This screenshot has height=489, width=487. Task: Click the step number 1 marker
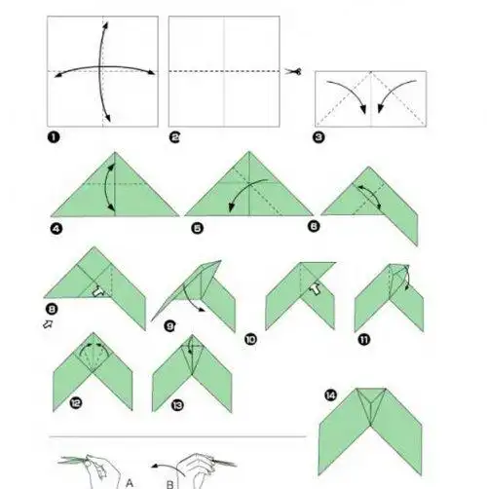pyautogui.click(x=54, y=137)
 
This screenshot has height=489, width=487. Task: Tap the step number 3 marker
pyautogui.click(x=318, y=137)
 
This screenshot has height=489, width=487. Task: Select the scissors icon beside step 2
pyautogui.click(x=293, y=71)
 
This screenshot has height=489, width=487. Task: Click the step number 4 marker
pyautogui.click(x=56, y=229)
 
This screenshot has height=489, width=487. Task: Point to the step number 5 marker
pyautogui.click(x=197, y=228)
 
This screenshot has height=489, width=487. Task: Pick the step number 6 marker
pyautogui.click(x=314, y=226)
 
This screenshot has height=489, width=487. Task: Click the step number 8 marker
pyautogui.click(x=52, y=309)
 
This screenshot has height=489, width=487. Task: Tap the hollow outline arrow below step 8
pyautogui.click(x=48, y=323)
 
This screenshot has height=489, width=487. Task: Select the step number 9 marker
pyautogui.click(x=170, y=325)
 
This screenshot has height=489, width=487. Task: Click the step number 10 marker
pyautogui.click(x=250, y=340)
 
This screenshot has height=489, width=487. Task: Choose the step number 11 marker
pyautogui.click(x=364, y=340)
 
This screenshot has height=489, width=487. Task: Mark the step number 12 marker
pyautogui.click(x=76, y=403)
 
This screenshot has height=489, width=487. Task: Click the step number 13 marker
pyautogui.click(x=177, y=405)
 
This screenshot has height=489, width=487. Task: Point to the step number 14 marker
pyautogui.click(x=331, y=395)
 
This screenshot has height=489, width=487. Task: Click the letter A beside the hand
pyautogui.click(x=130, y=483)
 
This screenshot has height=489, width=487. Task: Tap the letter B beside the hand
pyautogui.click(x=170, y=485)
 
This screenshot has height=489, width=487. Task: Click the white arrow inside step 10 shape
pyautogui.click(x=315, y=288)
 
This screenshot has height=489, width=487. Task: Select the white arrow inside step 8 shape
pyautogui.click(x=97, y=291)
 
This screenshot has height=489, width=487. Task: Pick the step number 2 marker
pyautogui.click(x=175, y=137)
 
